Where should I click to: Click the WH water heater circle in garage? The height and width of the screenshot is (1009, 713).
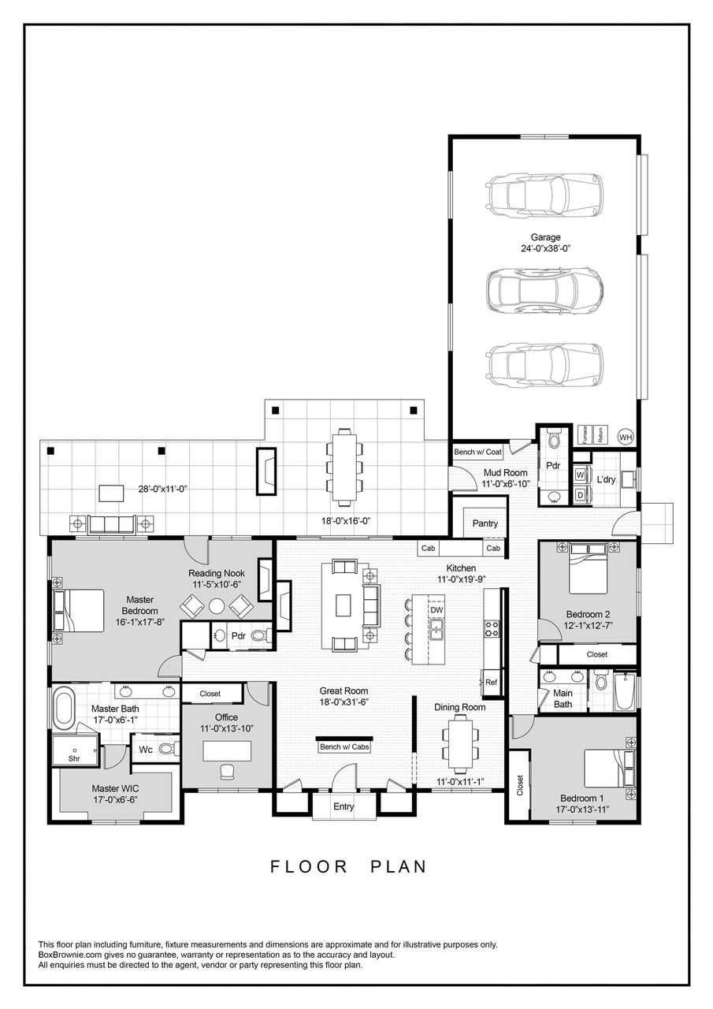626,436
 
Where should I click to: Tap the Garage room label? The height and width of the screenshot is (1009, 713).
545,236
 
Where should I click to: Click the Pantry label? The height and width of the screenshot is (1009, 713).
485,523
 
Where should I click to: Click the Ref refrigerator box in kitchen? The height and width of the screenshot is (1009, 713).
491,683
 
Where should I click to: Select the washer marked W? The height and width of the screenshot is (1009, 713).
581,475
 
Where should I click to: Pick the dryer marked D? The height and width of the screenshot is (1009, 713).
581,494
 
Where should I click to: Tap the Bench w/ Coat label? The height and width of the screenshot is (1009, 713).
477,452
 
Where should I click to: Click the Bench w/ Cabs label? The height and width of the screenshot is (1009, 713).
344,747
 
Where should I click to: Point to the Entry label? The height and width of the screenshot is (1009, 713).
344,806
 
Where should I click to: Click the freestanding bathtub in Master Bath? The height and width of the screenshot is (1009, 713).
63,707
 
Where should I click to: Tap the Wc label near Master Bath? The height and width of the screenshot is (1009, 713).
146,750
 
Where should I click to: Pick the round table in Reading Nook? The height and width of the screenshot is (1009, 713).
217,606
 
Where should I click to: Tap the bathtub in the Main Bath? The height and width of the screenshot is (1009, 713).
626,691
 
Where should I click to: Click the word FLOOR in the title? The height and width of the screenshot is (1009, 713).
309,866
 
